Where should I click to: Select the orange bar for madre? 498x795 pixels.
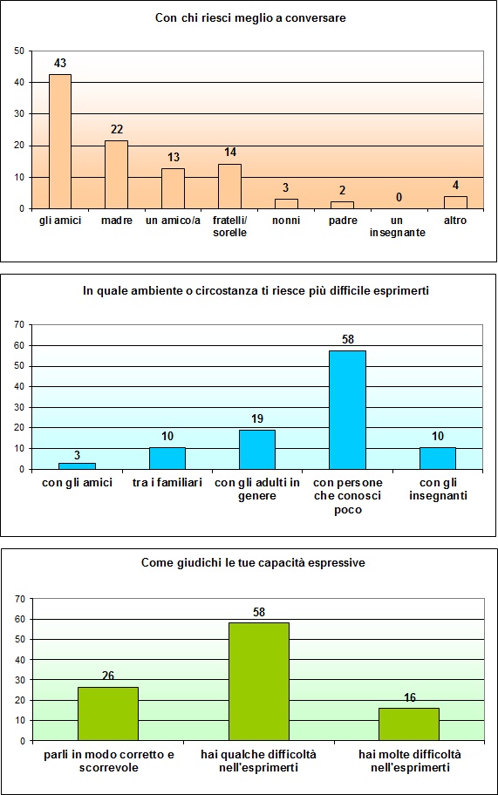pyautogui.click(x=117, y=174)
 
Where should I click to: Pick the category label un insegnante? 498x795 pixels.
pyautogui.click(x=399, y=227)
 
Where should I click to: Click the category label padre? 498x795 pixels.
pyautogui.click(x=343, y=221)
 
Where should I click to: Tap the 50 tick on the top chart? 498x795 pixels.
pyautogui.click(x=18, y=51)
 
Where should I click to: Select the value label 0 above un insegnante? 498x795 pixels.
pyautogui.click(x=399, y=198)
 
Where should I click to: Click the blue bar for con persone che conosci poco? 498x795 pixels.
pyautogui.click(x=347, y=410)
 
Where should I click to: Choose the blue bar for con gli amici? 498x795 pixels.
pyautogui.click(x=77, y=465)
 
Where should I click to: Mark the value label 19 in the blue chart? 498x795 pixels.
pyautogui.click(x=257, y=419)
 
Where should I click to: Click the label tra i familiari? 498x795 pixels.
pyautogui.click(x=167, y=483)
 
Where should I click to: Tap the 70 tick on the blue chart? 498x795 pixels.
pyautogui.click(x=18, y=324)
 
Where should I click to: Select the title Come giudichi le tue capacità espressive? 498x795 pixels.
pyautogui.click(x=253, y=563)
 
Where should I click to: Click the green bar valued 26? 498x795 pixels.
pyautogui.click(x=108, y=714)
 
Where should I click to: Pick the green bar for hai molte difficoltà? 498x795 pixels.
pyautogui.click(x=409, y=724)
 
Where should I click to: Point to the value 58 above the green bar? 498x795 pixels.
pyautogui.click(x=258, y=613)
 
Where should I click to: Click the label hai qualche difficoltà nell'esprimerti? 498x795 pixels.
pyautogui.click(x=259, y=760)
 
